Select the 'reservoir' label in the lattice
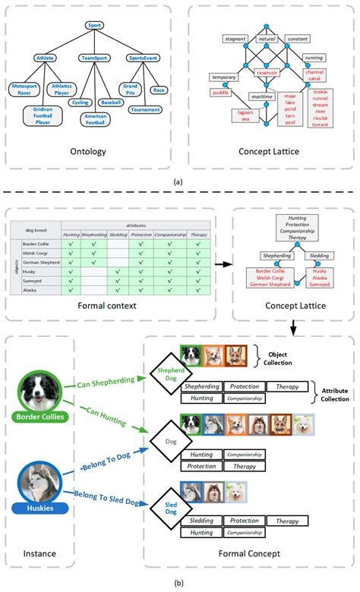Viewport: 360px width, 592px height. tap(267, 73)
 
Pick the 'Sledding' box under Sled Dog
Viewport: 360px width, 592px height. tap(201, 521)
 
